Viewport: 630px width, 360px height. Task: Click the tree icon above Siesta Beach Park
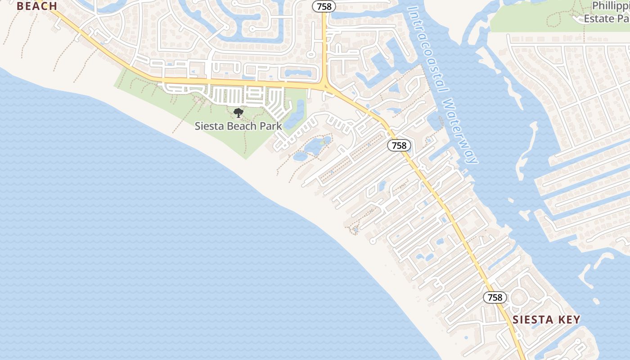238,112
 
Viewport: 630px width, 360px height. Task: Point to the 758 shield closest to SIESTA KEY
495,297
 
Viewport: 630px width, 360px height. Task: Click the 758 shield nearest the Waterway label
399,145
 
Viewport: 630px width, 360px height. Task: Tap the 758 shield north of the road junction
324,6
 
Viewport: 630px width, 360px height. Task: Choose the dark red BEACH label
37,6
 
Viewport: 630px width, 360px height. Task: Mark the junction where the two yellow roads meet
325,85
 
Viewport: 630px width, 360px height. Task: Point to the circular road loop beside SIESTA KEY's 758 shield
519,297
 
